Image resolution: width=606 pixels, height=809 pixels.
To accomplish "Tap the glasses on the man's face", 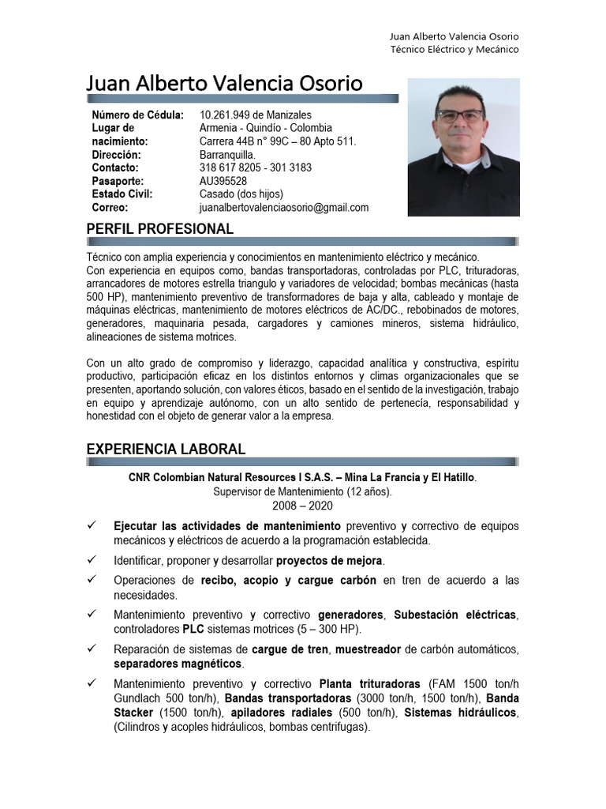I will [x=460, y=115].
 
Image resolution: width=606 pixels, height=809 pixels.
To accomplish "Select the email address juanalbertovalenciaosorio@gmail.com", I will [x=284, y=208].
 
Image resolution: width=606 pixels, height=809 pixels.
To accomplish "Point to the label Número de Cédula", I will [x=137, y=115].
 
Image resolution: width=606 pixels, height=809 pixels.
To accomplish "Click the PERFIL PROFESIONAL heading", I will [x=159, y=229].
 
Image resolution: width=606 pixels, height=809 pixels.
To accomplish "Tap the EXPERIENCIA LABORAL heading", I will [x=166, y=449].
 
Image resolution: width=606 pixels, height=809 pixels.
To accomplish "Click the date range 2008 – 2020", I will [x=302, y=506].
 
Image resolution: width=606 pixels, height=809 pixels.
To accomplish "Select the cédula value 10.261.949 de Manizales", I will [x=256, y=115].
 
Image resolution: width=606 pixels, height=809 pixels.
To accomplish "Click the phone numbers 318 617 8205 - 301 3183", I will [x=256, y=167].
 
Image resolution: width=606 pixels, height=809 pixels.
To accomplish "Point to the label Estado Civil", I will [x=122, y=194].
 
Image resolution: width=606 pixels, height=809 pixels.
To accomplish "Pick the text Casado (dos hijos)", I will [x=241, y=194].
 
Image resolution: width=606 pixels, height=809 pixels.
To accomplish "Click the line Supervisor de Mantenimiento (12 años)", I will [x=302, y=491].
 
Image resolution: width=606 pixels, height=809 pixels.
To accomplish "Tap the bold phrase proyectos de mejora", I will [x=329, y=561].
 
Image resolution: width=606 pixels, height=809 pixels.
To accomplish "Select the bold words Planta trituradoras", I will [x=369, y=683].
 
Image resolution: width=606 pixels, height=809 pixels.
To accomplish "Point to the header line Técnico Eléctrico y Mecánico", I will [x=454, y=50].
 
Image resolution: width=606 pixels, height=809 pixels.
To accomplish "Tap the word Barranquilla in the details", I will [x=228, y=155].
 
